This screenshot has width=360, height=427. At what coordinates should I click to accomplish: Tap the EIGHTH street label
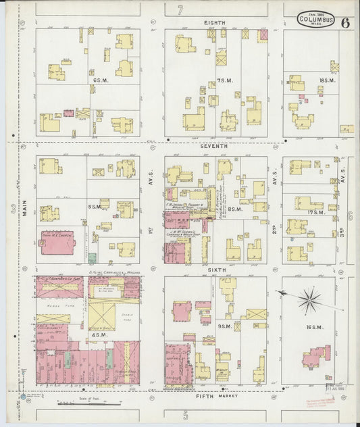(214, 22)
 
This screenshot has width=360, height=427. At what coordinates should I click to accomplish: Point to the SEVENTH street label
(214, 145)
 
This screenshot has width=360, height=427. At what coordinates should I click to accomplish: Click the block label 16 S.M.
(312, 327)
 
